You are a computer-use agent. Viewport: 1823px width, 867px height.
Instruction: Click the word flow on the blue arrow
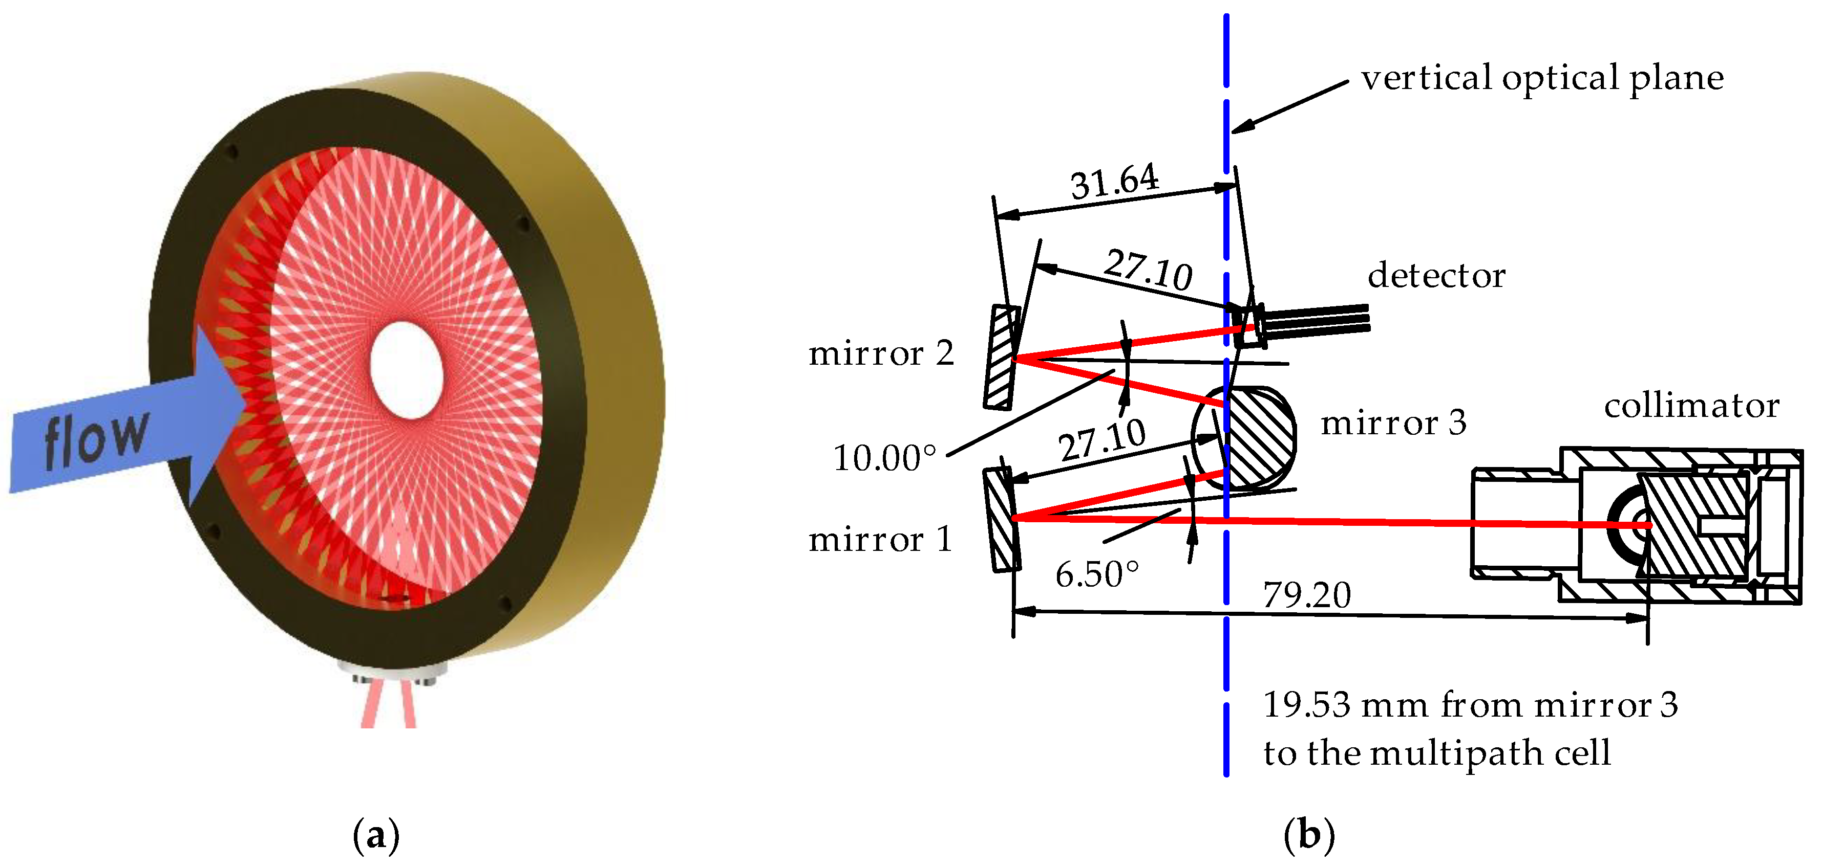[x=96, y=438]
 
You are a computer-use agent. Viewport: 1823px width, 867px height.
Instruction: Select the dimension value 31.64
[x=1115, y=181]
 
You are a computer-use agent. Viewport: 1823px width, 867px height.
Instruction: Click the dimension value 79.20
[x=1306, y=595]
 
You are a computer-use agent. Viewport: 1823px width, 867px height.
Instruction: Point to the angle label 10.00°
[x=884, y=458]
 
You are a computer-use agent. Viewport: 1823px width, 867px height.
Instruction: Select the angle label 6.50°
[x=1097, y=574]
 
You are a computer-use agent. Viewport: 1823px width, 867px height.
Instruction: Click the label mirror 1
[x=880, y=540]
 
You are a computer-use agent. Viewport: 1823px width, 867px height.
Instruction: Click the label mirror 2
[x=880, y=353]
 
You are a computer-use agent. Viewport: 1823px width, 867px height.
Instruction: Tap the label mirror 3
[x=1393, y=424]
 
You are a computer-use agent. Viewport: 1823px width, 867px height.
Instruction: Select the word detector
[x=1436, y=276]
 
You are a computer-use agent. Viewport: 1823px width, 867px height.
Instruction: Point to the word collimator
[x=1691, y=407]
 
